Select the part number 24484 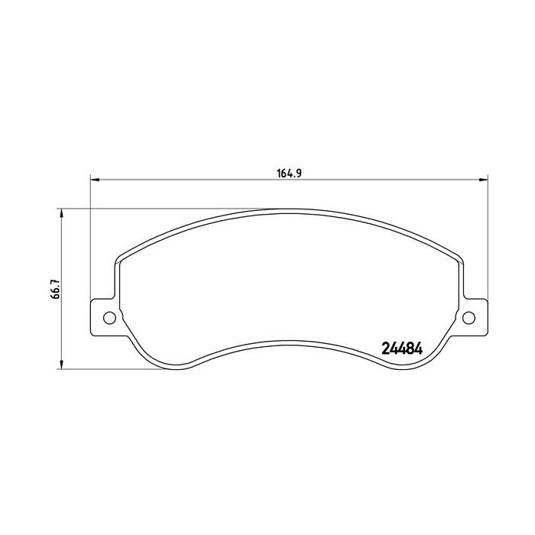tap(401, 347)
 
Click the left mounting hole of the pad tap(109, 317)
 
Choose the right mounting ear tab tap(474, 316)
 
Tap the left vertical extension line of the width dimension tap(91, 245)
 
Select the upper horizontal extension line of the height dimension tap(153, 207)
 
